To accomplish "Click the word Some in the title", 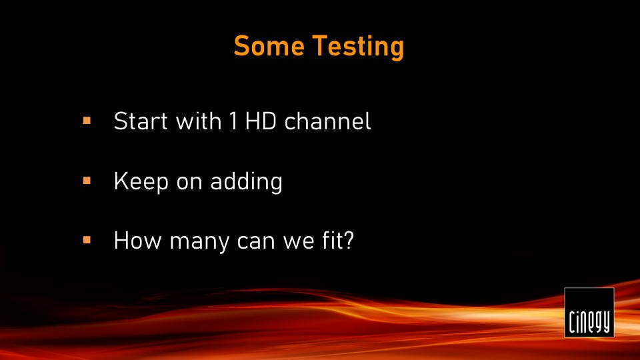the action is click(x=269, y=45).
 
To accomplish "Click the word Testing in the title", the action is click(x=359, y=47).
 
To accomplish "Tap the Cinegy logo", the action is click(x=589, y=312).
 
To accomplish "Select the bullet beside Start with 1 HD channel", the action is click(x=87, y=121).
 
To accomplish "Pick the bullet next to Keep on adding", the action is click(x=87, y=181).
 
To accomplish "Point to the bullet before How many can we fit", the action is click(x=87, y=240).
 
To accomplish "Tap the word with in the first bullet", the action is click(x=199, y=121).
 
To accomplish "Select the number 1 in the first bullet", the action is click(x=233, y=121).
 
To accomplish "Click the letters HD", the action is click(x=261, y=121).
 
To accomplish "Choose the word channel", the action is click(x=328, y=121).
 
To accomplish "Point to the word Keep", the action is click(x=141, y=182).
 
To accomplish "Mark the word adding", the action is click(x=247, y=182).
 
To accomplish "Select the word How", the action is click(x=138, y=241).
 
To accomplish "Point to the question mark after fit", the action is click(x=348, y=241).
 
